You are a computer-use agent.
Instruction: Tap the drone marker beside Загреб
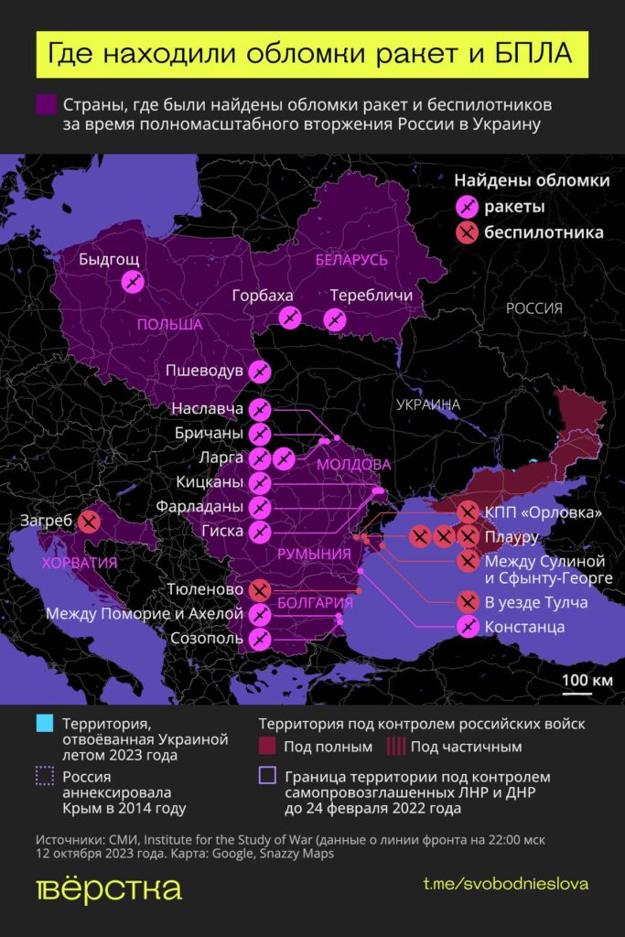89,522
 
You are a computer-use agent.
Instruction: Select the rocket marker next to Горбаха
290,318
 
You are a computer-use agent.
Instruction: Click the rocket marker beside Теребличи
335,318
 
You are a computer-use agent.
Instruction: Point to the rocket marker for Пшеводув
260,372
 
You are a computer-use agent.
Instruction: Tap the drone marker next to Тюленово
260,589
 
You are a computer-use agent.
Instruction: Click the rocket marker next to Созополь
260,638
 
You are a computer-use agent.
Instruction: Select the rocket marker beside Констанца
468,627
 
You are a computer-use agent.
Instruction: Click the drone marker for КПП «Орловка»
468,512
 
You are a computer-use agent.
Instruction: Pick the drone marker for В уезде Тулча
468,602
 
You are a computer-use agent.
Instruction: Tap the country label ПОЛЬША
169,325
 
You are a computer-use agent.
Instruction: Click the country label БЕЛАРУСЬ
351,260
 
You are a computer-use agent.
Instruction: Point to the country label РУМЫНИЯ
313,554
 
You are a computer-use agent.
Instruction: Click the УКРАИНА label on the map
427,404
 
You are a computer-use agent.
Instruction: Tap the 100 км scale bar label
587,680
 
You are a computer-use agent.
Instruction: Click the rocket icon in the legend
468,207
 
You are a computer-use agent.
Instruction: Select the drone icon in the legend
468,233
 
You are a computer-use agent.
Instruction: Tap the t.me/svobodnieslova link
505,884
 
